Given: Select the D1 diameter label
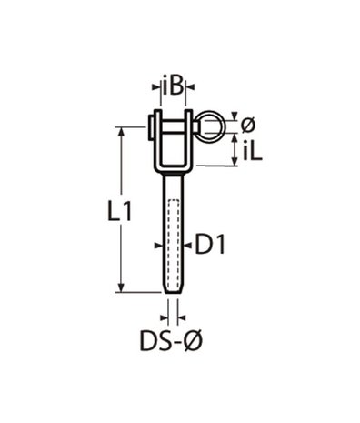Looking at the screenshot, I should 210,243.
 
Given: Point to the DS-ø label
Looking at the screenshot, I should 171,342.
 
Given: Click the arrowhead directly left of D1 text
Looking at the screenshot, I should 186,244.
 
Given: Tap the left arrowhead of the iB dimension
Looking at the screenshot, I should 155,88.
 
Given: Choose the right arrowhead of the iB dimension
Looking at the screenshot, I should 189,88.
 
